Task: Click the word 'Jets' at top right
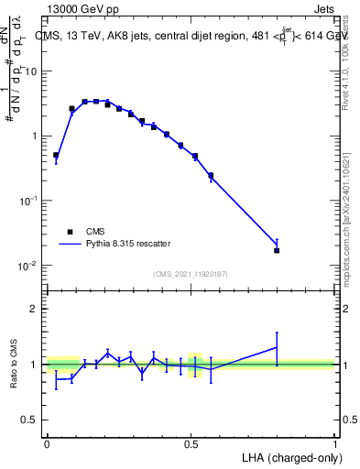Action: pos(322,9)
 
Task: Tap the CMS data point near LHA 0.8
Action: pos(277,250)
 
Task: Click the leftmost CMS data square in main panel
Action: pos(56,156)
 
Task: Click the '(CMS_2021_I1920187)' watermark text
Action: pos(191,274)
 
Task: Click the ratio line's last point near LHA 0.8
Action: pos(277,346)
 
